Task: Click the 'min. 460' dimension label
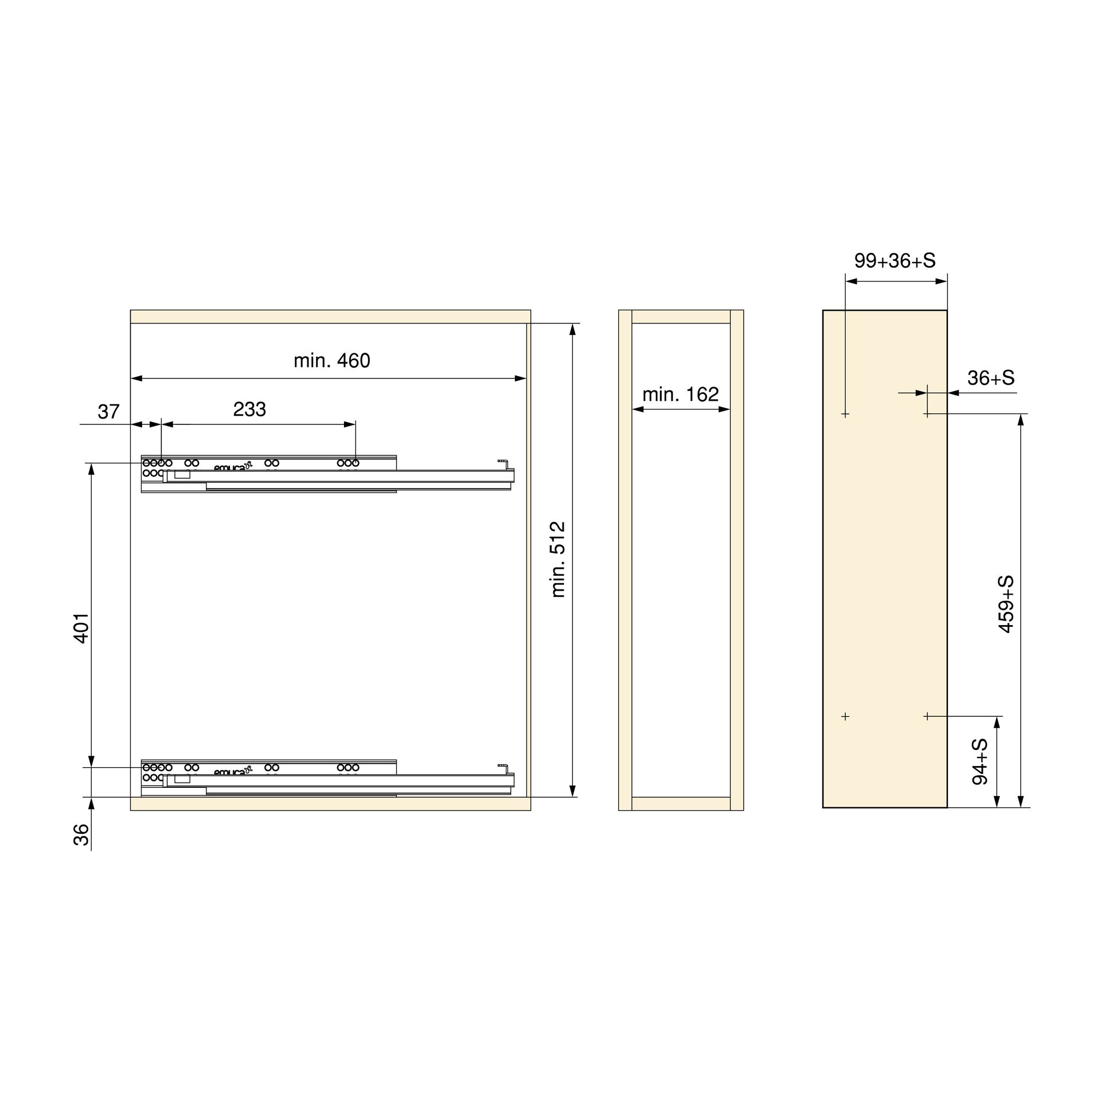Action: [x=331, y=361]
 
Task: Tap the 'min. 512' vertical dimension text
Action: [x=558, y=559]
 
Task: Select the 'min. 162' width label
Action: [x=680, y=395]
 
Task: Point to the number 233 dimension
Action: [x=249, y=409]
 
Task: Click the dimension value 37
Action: [x=108, y=412]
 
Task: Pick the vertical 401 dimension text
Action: [x=82, y=628]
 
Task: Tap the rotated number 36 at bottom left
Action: [x=82, y=834]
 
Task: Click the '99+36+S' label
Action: [x=895, y=261]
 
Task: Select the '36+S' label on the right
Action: [x=991, y=378]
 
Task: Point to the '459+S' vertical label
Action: [x=1006, y=604]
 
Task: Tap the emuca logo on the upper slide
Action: [x=233, y=467]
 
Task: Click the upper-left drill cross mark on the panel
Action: [x=845, y=413]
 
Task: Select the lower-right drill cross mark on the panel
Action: [x=927, y=716]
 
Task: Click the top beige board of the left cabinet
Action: [x=330, y=317]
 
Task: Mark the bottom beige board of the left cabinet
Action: [x=330, y=803]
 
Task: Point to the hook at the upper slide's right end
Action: [x=502, y=462]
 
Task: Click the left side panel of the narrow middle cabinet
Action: [x=625, y=560]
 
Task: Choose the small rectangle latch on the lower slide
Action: [x=182, y=779]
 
